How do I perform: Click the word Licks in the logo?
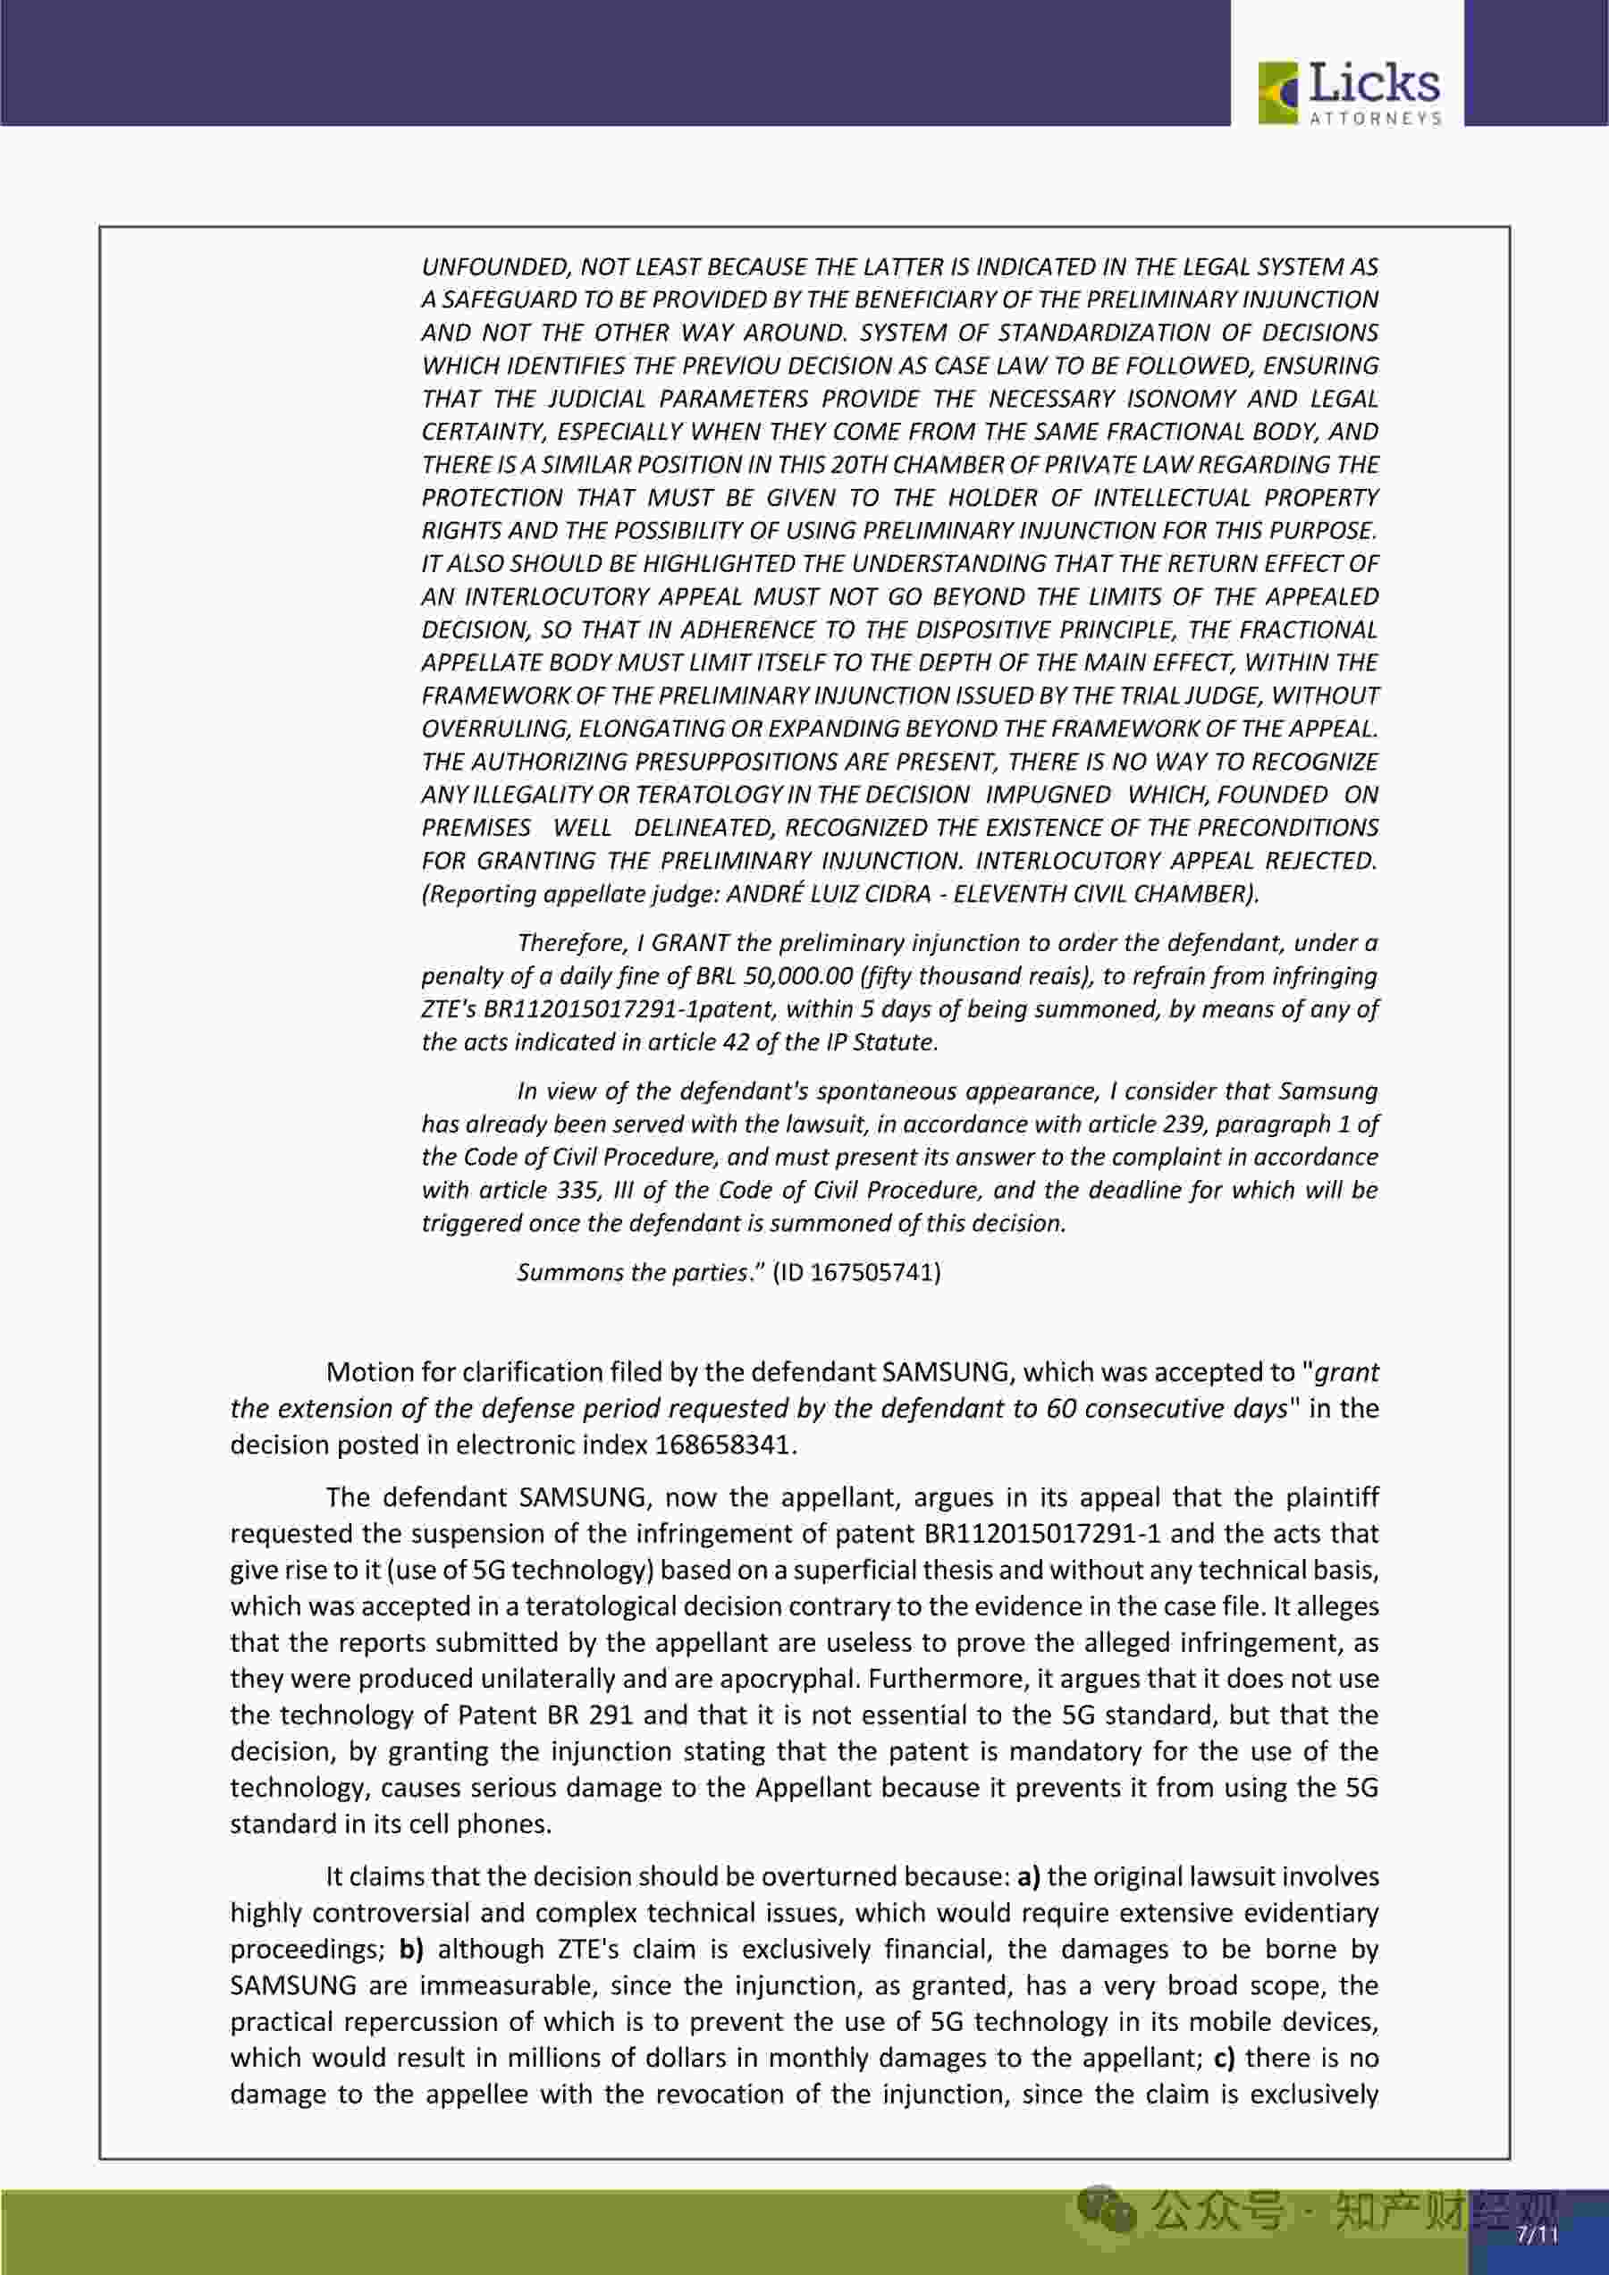pyautogui.click(x=1374, y=83)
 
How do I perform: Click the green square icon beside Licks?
pyautogui.click(x=1278, y=93)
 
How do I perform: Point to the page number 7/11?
pyautogui.click(x=1537, y=2235)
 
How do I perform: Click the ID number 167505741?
pyautogui.click(x=875, y=1272)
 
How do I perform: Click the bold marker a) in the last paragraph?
pyautogui.click(x=1028, y=1876)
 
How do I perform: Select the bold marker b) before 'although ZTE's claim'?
pyautogui.click(x=411, y=1949)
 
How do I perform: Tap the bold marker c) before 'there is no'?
pyautogui.click(x=1224, y=2058)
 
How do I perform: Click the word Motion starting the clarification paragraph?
pyautogui.click(x=366, y=1372)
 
